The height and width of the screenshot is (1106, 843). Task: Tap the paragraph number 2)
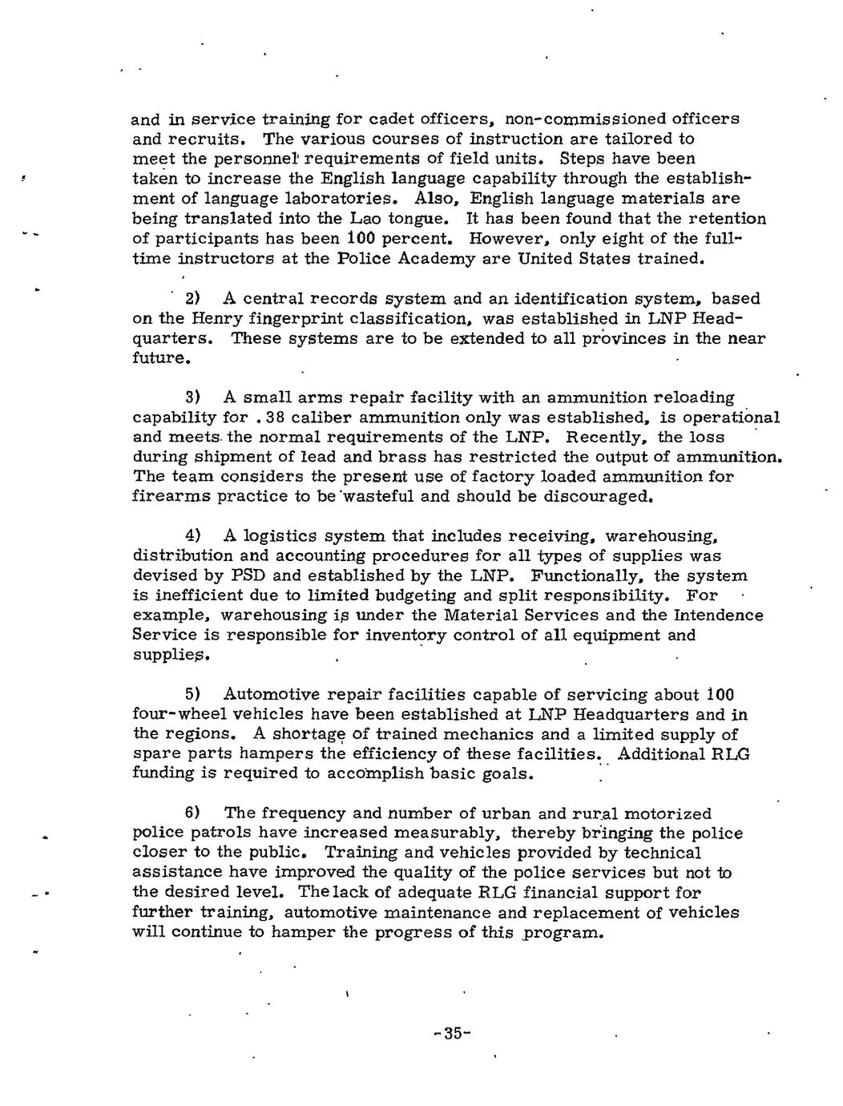pos(192,299)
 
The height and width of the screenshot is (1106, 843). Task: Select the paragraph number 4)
pos(192,536)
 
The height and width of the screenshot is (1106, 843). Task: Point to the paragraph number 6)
pos(192,813)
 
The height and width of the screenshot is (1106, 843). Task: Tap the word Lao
pos(347,218)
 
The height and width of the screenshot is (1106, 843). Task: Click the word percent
pos(407,238)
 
